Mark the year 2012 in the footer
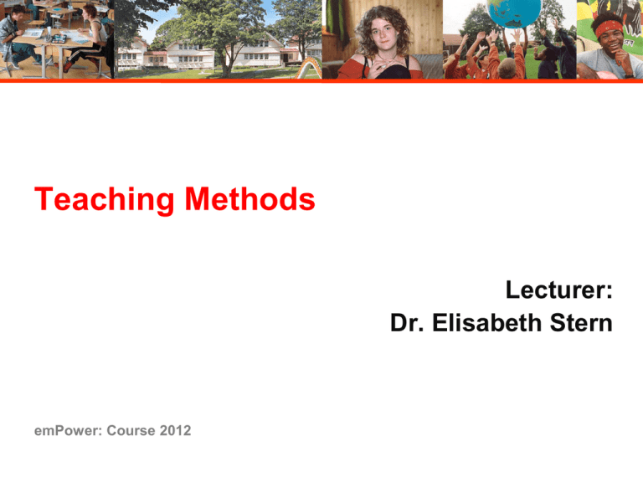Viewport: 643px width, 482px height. click(x=175, y=430)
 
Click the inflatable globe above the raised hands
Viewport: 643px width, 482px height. click(x=509, y=15)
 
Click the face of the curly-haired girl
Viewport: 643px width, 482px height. click(x=382, y=34)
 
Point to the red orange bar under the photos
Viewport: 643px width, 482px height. click(x=321, y=81)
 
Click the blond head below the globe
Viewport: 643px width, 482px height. click(x=508, y=67)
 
